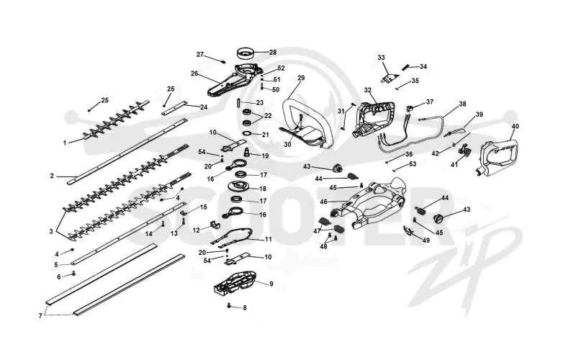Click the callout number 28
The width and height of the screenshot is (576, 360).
[273, 53]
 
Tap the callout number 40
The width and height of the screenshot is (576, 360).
[515, 127]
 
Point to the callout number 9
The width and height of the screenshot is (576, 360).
[271, 284]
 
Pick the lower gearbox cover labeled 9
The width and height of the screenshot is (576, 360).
[235, 283]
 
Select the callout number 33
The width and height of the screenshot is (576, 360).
[381, 58]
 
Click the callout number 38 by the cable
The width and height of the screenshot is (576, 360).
[462, 104]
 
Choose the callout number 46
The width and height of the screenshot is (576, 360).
[323, 202]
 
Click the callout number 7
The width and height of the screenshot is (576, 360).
[40, 316]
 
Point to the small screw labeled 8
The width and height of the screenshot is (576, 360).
[229, 305]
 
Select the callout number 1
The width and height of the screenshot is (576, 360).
[65, 143]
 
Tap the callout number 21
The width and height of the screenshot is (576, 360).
[265, 135]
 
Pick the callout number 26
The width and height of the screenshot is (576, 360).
[194, 73]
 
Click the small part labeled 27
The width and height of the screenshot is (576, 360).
[222, 61]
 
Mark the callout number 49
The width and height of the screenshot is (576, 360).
[426, 240]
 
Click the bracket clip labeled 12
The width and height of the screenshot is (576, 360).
[213, 225]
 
